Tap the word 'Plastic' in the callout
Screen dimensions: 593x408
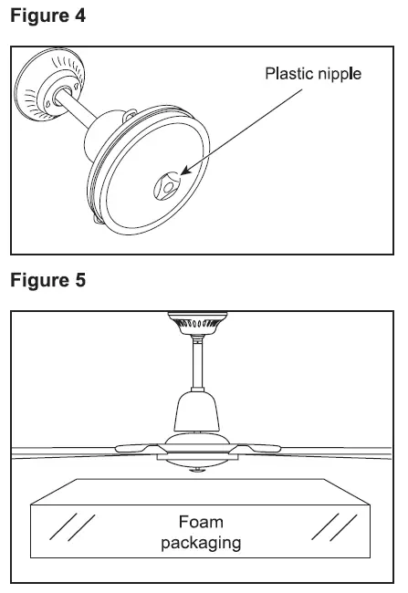coord(288,74)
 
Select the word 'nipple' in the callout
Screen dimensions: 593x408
coord(339,74)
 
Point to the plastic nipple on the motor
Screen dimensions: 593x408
coord(167,184)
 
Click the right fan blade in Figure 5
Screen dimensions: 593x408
coord(329,449)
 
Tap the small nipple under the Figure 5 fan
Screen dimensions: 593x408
coord(197,469)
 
